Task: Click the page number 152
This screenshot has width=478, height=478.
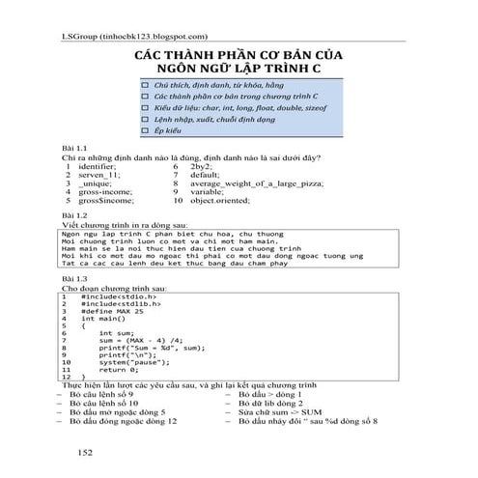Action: click(85, 450)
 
